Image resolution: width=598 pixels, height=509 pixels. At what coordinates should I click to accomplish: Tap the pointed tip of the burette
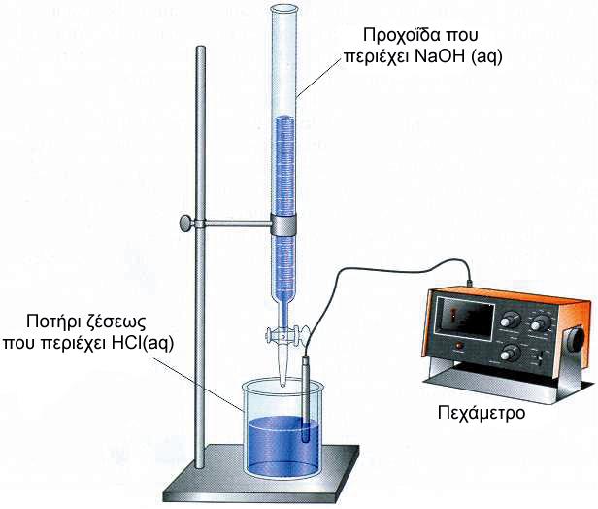click(282, 383)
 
